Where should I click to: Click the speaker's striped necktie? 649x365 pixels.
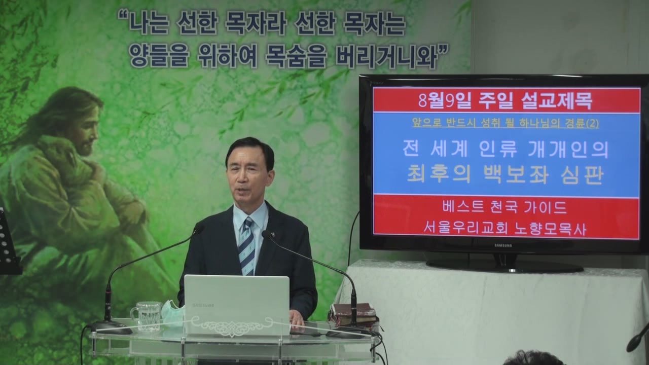click(x=246, y=246)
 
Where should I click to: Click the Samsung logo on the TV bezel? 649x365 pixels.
click(x=503, y=246)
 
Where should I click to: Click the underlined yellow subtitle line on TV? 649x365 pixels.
click(x=506, y=123)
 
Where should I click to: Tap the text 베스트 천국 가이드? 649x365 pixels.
click(x=504, y=207)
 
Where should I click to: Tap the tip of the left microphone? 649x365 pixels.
click(x=199, y=229)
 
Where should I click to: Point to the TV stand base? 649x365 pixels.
click(x=504, y=267)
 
